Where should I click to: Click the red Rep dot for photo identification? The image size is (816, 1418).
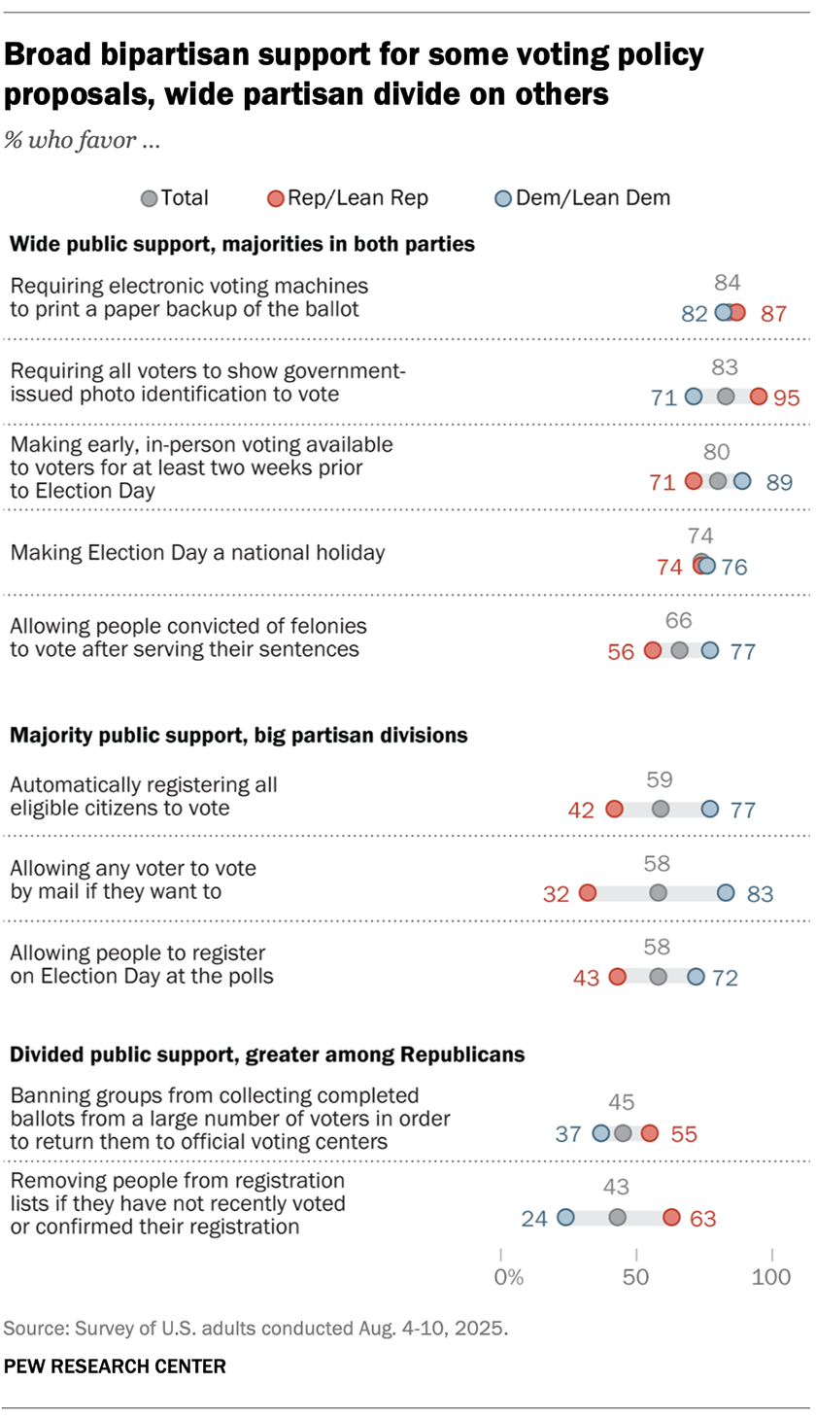759,397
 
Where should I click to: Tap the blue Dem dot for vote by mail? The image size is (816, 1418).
726,893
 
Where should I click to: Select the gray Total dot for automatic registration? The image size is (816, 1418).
661,810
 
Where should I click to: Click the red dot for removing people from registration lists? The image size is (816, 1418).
671,1217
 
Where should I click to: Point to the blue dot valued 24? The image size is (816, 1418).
565,1217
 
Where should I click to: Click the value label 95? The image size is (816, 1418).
788,397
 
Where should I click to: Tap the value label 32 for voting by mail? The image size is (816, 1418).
557,894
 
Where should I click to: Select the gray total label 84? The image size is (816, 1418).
728,283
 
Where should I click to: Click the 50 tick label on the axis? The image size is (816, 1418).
635,1275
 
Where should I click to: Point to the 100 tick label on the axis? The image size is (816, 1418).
773,1275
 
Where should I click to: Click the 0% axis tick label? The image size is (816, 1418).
508,1275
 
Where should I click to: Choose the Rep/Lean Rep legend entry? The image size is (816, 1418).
349,198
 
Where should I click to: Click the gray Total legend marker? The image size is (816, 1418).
149,198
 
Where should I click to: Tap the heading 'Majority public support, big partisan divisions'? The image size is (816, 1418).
239,736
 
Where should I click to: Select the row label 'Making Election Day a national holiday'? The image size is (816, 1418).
197,553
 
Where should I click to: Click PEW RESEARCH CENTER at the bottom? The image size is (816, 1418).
116,1366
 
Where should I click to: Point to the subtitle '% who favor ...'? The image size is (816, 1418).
83,140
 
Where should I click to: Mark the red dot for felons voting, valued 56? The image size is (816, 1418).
652,650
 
